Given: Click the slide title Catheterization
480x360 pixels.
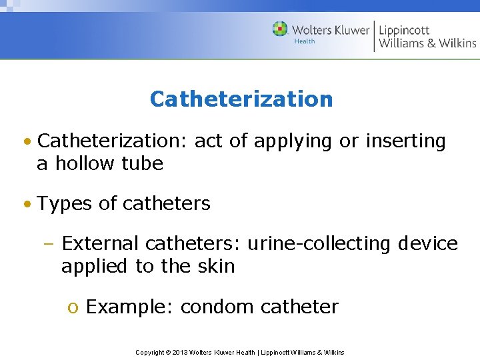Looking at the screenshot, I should [241, 99].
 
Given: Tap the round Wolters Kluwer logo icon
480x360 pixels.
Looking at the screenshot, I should [280, 29].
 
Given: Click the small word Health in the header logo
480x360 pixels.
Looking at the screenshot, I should [305, 41].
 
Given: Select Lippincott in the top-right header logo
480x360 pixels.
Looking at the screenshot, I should [404, 30].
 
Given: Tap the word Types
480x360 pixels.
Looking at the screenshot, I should [65, 203].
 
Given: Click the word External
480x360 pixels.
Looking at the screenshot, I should [100, 243].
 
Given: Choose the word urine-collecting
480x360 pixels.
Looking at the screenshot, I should [319, 243].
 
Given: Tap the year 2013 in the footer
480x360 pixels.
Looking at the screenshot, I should [181, 352].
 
